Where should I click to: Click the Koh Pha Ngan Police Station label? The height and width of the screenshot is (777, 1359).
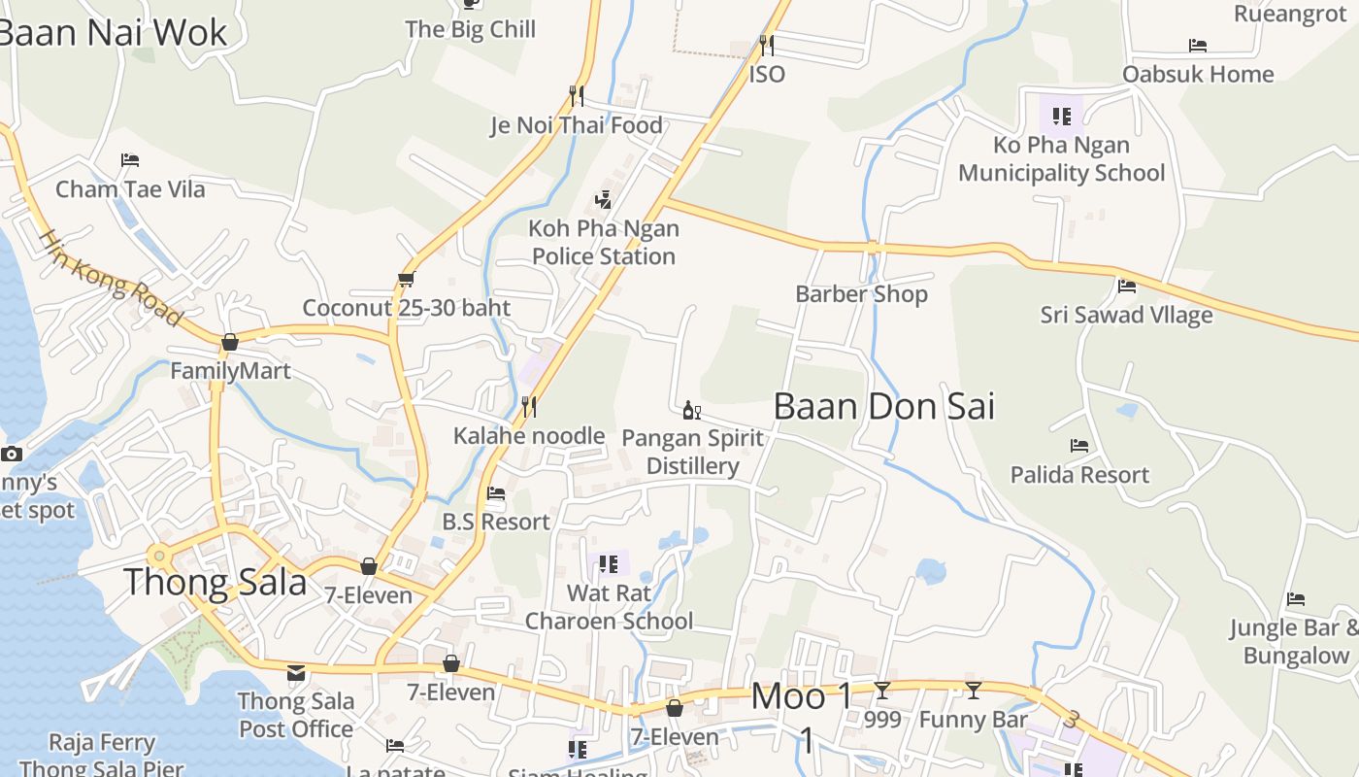coord(604,243)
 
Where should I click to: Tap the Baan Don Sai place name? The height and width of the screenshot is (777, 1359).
coord(883,406)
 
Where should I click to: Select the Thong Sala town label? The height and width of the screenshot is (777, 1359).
coord(215,582)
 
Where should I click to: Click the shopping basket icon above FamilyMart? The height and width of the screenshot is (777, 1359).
coord(230,342)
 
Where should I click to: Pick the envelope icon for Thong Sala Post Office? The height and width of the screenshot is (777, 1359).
coord(296,672)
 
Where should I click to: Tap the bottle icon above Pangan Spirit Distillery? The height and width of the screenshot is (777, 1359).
coord(691,410)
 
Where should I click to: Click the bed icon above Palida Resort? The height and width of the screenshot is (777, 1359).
coord(1079,446)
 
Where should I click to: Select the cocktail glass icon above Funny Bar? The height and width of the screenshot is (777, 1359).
coord(973,691)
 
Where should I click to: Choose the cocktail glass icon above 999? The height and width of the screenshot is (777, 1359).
coord(881,691)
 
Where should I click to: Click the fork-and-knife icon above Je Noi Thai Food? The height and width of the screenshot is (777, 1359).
coord(577,95)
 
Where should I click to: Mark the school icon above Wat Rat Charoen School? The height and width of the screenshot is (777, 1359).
coord(609,563)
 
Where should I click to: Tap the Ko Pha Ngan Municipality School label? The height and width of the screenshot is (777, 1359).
coord(1061,159)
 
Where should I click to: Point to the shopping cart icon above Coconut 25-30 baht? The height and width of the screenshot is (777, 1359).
coord(407,279)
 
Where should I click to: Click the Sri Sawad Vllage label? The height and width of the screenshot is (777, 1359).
coord(1126,315)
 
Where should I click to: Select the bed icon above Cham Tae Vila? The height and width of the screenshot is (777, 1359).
coord(130,159)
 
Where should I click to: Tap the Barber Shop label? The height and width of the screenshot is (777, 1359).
coord(861,293)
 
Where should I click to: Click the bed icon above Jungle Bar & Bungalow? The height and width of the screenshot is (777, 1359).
coord(1295,599)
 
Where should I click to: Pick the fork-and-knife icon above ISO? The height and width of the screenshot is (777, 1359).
coord(767,45)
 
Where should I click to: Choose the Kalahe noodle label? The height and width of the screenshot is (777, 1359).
coord(529,435)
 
